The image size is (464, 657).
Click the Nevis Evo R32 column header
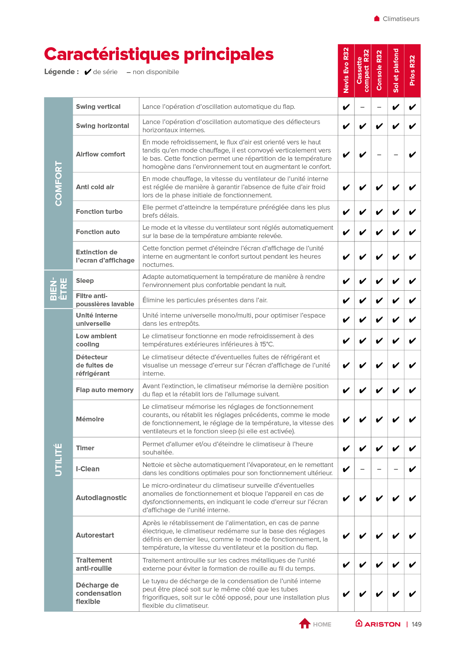click(346, 71)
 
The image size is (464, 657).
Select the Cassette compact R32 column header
click(363, 71)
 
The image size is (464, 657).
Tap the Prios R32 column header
click(412, 71)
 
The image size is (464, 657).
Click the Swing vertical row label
click(98, 107)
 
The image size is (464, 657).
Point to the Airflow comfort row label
click(101, 154)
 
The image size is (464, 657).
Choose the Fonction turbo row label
click(99, 211)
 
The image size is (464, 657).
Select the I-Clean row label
click(88, 469)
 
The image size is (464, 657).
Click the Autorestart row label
click(95, 535)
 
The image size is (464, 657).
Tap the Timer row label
click(85, 448)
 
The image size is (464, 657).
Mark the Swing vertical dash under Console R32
click(379, 107)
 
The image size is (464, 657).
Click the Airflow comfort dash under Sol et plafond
click(396, 155)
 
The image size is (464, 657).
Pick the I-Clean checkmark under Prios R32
click(412, 469)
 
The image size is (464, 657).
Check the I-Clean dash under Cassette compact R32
click(363, 469)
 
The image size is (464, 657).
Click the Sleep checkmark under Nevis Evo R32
click(346, 281)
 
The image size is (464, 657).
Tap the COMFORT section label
click(58, 183)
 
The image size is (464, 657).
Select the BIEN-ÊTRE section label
click(58, 289)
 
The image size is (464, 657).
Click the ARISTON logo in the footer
click(378, 624)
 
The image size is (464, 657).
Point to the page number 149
click(416, 624)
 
